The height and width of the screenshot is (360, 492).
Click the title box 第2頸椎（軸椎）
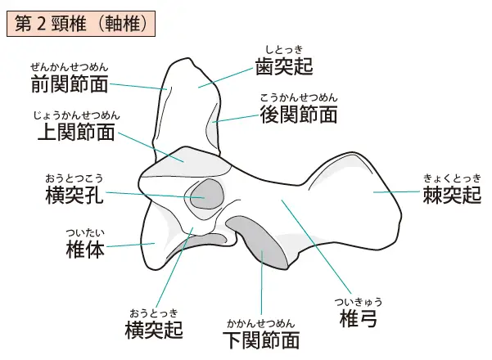(81, 24)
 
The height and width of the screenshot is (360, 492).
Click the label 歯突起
(284, 65)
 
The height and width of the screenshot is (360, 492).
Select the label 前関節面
(70, 83)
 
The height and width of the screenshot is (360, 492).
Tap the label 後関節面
(299, 115)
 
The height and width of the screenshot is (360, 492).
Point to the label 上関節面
(76, 132)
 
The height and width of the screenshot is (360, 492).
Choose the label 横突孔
(74, 195)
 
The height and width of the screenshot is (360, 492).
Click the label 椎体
(85, 250)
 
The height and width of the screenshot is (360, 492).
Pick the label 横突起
(154, 330)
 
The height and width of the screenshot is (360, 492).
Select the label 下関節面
(261, 340)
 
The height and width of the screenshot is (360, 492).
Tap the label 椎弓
(359, 318)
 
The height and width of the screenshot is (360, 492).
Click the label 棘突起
(452, 195)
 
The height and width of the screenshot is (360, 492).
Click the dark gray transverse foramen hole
(207, 194)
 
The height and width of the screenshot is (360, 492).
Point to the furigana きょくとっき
(452, 178)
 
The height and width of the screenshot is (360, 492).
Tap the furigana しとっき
(284, 50)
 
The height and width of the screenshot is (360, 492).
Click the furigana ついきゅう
(359, 302)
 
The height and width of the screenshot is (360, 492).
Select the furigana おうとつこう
(74, 178)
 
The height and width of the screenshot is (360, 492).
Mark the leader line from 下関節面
(262, 281)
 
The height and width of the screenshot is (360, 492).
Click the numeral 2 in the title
(41, 25)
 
